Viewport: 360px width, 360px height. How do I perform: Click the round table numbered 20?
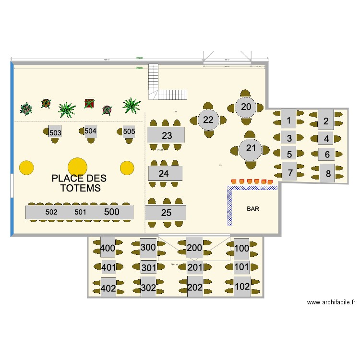(x=246, y=107)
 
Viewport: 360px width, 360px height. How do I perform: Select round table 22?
(x=208, y=120)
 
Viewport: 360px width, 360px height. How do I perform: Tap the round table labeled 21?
(x=251, y=148)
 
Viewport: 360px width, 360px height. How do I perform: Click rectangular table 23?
(x=166, y=135)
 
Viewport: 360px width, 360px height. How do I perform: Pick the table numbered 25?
(x=166, y=213)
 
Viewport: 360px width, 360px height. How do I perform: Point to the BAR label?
(x=253, y=209)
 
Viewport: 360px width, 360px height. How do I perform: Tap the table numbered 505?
(x=129, y=131)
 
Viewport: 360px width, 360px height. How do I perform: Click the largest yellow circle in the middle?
(x=77, y=167)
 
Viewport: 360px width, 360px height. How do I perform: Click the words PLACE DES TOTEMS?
(x=80, y=183)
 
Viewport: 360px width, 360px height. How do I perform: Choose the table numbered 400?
(x=108, y=248)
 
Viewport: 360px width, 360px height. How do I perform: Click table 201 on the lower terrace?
(x=194, y=268)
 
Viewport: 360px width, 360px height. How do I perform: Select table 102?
(x=241, y=287)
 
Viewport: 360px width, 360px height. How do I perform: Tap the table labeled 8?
(x=328, y=174)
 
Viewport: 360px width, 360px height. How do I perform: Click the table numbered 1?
(x=288, y=120)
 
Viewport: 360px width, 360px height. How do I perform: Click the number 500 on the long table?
(x=112, y=212)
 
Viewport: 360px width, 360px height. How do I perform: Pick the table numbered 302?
(x=148, y=288)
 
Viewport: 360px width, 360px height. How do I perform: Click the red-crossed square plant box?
(x=89, y=103)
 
